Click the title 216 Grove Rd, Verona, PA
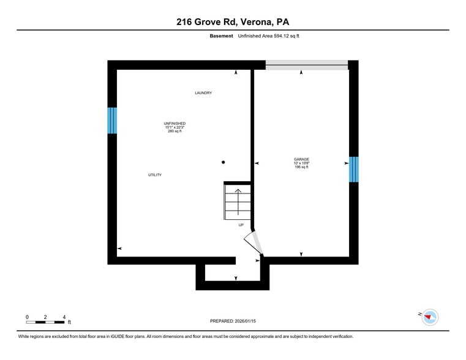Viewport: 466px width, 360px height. (233, 22)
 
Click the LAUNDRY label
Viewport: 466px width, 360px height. (203, 93)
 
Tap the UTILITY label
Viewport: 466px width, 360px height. (155, 175)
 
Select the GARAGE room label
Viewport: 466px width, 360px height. (301, 159)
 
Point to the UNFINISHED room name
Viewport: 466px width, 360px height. (175, 124)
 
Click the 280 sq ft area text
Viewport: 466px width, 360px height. (175, 132)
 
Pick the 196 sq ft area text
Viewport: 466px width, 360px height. (301, 167)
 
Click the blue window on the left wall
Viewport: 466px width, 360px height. (112, 121)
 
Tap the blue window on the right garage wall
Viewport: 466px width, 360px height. (353, 170)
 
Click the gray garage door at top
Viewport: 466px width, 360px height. (306, 64)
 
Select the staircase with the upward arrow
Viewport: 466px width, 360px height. (238, 201)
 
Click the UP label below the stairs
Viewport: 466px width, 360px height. (241, 225)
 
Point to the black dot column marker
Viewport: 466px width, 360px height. (224, 162)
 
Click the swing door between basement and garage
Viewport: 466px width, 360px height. (254, 243)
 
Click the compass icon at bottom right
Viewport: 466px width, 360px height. (430, 317)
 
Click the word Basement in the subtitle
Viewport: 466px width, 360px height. (221, 36)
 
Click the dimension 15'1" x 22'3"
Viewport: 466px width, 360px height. (175, 127)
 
